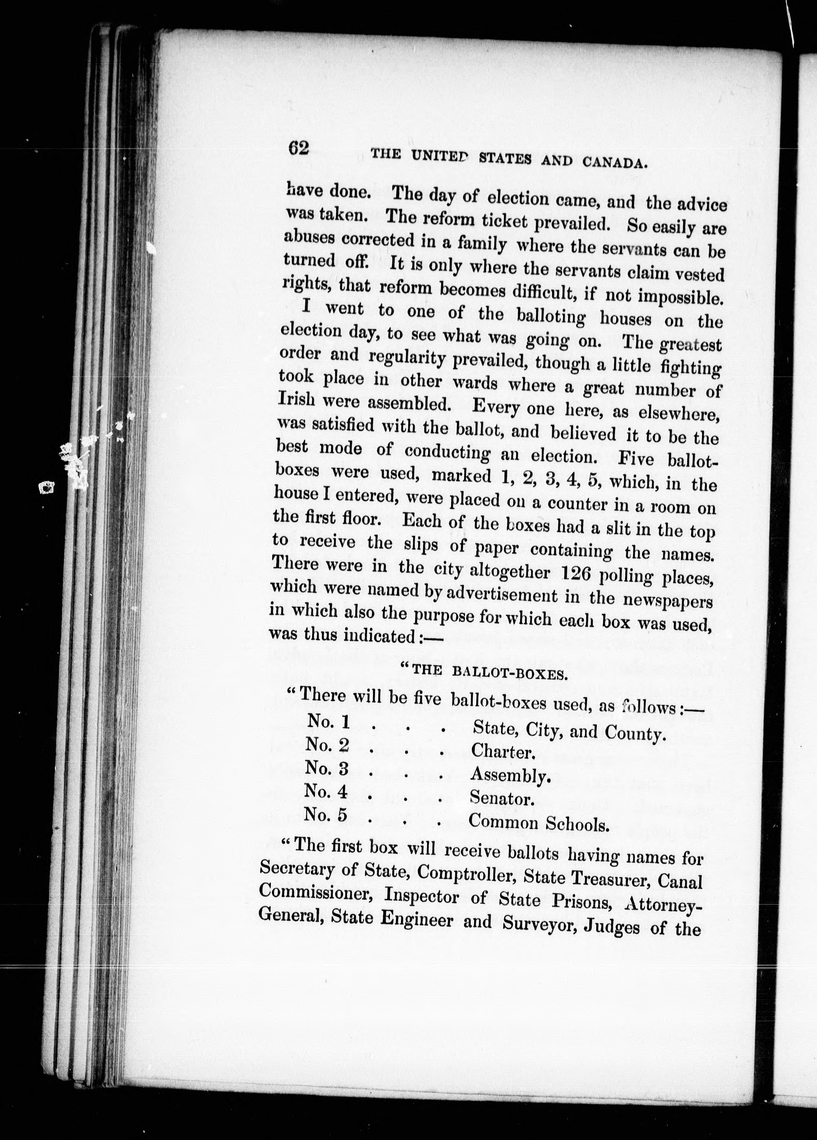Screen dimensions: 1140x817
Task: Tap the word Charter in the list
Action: pos(501,751)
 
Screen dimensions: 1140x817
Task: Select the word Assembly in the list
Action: pos(510,776)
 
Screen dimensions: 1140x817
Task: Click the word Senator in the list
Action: pos(501,798)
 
